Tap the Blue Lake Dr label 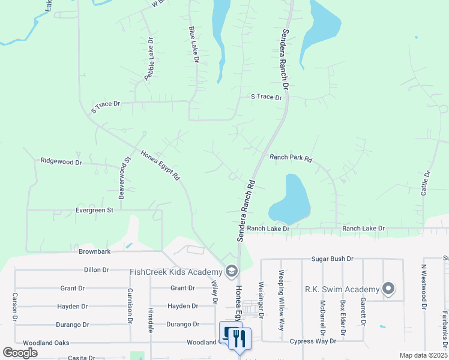click(193, 44)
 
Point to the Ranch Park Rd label click(291, 158)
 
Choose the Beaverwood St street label click(124, 178)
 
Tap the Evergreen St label click(94, 210)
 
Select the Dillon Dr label click(96, 270)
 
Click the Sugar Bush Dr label click(332, 259)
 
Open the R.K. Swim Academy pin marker click(388, 289)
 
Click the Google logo click(20, 353)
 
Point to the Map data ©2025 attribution click(423, 355)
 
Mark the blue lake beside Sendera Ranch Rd click(291, 200)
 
